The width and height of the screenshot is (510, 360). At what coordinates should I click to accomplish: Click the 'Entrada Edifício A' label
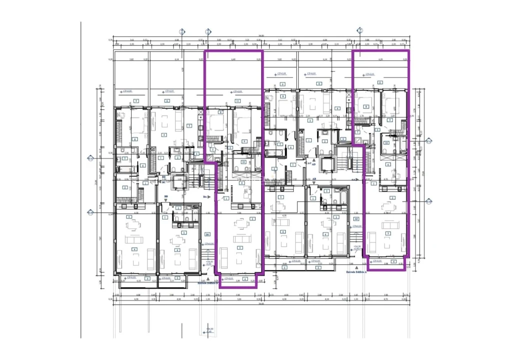pos(357,272)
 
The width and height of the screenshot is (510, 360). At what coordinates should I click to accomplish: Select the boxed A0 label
pos(356,219)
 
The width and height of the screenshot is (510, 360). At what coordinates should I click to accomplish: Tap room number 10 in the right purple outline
pos(386,142)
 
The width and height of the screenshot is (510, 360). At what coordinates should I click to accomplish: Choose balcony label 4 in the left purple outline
pos(245,278)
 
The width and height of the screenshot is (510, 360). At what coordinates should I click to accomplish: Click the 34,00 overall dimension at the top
pos(260,35)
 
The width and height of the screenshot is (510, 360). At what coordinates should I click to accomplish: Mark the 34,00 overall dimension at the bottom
pos(260,303)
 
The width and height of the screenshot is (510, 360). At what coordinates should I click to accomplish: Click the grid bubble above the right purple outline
pos(360,30)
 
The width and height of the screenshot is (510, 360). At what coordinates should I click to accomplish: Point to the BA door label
pos(205,197)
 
